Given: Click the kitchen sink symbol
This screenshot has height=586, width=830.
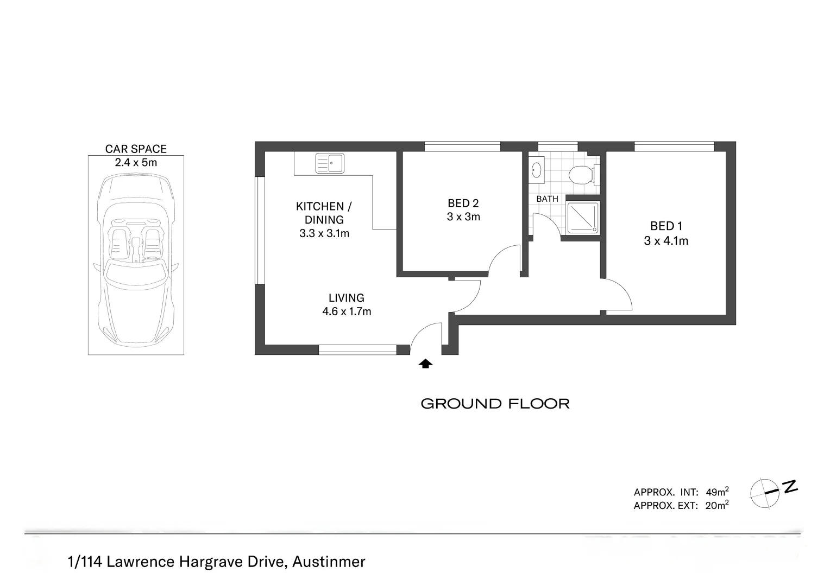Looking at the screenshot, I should [330, 163].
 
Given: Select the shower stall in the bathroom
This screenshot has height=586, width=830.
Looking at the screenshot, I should [583, 218].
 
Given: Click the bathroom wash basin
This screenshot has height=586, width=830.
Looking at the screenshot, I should [537, 169].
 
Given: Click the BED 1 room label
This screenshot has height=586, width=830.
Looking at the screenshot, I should [666, 226].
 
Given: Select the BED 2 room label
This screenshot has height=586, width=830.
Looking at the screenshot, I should [463, 203].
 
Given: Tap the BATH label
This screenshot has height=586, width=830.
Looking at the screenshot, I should [547, 199].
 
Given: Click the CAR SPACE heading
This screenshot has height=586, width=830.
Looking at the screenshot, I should [136, 149].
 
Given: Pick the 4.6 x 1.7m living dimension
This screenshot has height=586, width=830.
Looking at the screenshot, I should [347, 311].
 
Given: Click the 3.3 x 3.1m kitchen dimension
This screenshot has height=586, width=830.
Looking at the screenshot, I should [324, 233].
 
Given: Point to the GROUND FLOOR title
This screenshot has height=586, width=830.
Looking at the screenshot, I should [495, 404].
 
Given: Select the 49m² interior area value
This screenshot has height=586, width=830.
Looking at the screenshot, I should [716, 492].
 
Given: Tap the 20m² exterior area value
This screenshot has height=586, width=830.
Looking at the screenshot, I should [716, 506].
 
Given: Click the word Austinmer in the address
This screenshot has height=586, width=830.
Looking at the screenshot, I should [329, 562].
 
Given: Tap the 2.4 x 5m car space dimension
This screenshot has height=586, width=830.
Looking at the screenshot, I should [136, 162].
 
